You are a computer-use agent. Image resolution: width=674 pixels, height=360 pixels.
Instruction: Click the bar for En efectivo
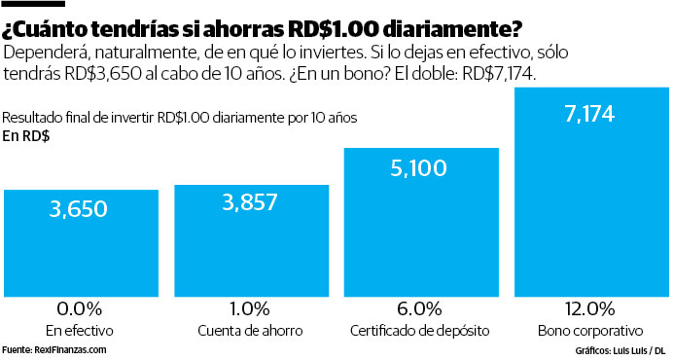[81, 243]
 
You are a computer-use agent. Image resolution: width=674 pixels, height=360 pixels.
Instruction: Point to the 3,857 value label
[250, 202]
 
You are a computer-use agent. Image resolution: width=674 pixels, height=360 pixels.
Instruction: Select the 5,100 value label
[419, 168]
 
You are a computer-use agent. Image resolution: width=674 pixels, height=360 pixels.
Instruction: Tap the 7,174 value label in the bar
[589, 115]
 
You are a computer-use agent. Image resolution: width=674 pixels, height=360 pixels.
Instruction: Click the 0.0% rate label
[81, 309]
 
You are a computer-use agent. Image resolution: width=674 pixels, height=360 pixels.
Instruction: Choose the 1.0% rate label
[250, 309]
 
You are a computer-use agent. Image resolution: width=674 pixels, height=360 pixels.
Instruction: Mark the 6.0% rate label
[419, 309]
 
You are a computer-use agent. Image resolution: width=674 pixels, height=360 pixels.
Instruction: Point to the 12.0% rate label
[589, 309]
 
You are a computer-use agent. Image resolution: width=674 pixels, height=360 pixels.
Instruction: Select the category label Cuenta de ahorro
[250, 331]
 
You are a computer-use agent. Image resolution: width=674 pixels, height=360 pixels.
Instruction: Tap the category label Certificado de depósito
[419, 331]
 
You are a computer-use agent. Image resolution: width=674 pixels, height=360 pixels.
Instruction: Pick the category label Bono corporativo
[589, 331]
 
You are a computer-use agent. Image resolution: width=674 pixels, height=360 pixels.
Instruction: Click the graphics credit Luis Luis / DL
[631, 349]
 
